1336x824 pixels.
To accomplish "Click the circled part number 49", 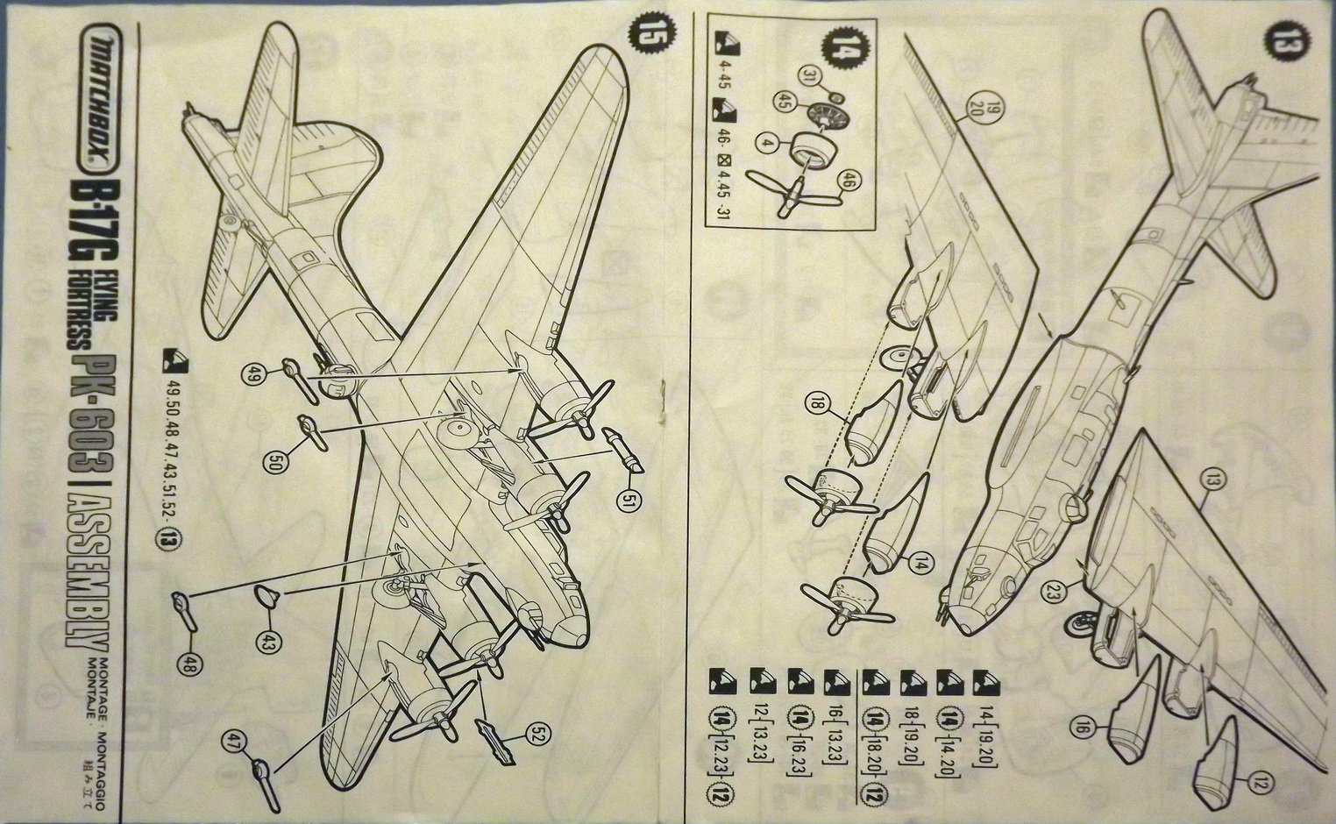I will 253,375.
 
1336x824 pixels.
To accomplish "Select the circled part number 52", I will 538,737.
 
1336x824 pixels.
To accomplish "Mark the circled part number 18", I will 817,404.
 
